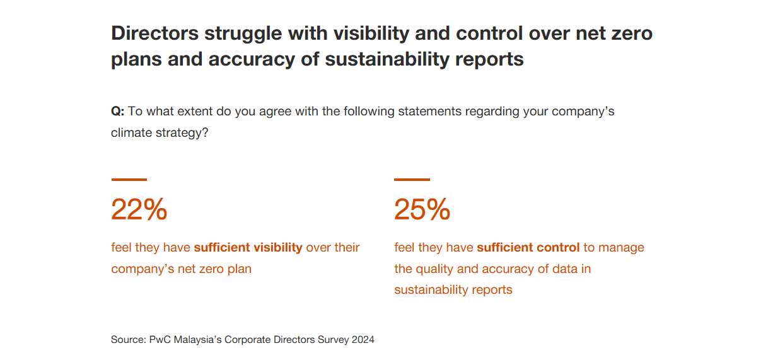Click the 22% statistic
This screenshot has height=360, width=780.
139,209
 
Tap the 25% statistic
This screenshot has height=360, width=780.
422,209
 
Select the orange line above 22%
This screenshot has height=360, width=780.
129,180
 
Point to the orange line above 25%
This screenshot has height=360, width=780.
412,180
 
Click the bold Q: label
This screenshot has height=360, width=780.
118,112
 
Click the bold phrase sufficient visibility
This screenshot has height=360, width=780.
248,247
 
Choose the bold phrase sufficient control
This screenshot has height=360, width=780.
528,247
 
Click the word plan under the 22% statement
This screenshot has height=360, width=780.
240,269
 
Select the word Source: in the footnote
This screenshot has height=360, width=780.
129,339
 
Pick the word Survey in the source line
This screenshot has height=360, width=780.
332,339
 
